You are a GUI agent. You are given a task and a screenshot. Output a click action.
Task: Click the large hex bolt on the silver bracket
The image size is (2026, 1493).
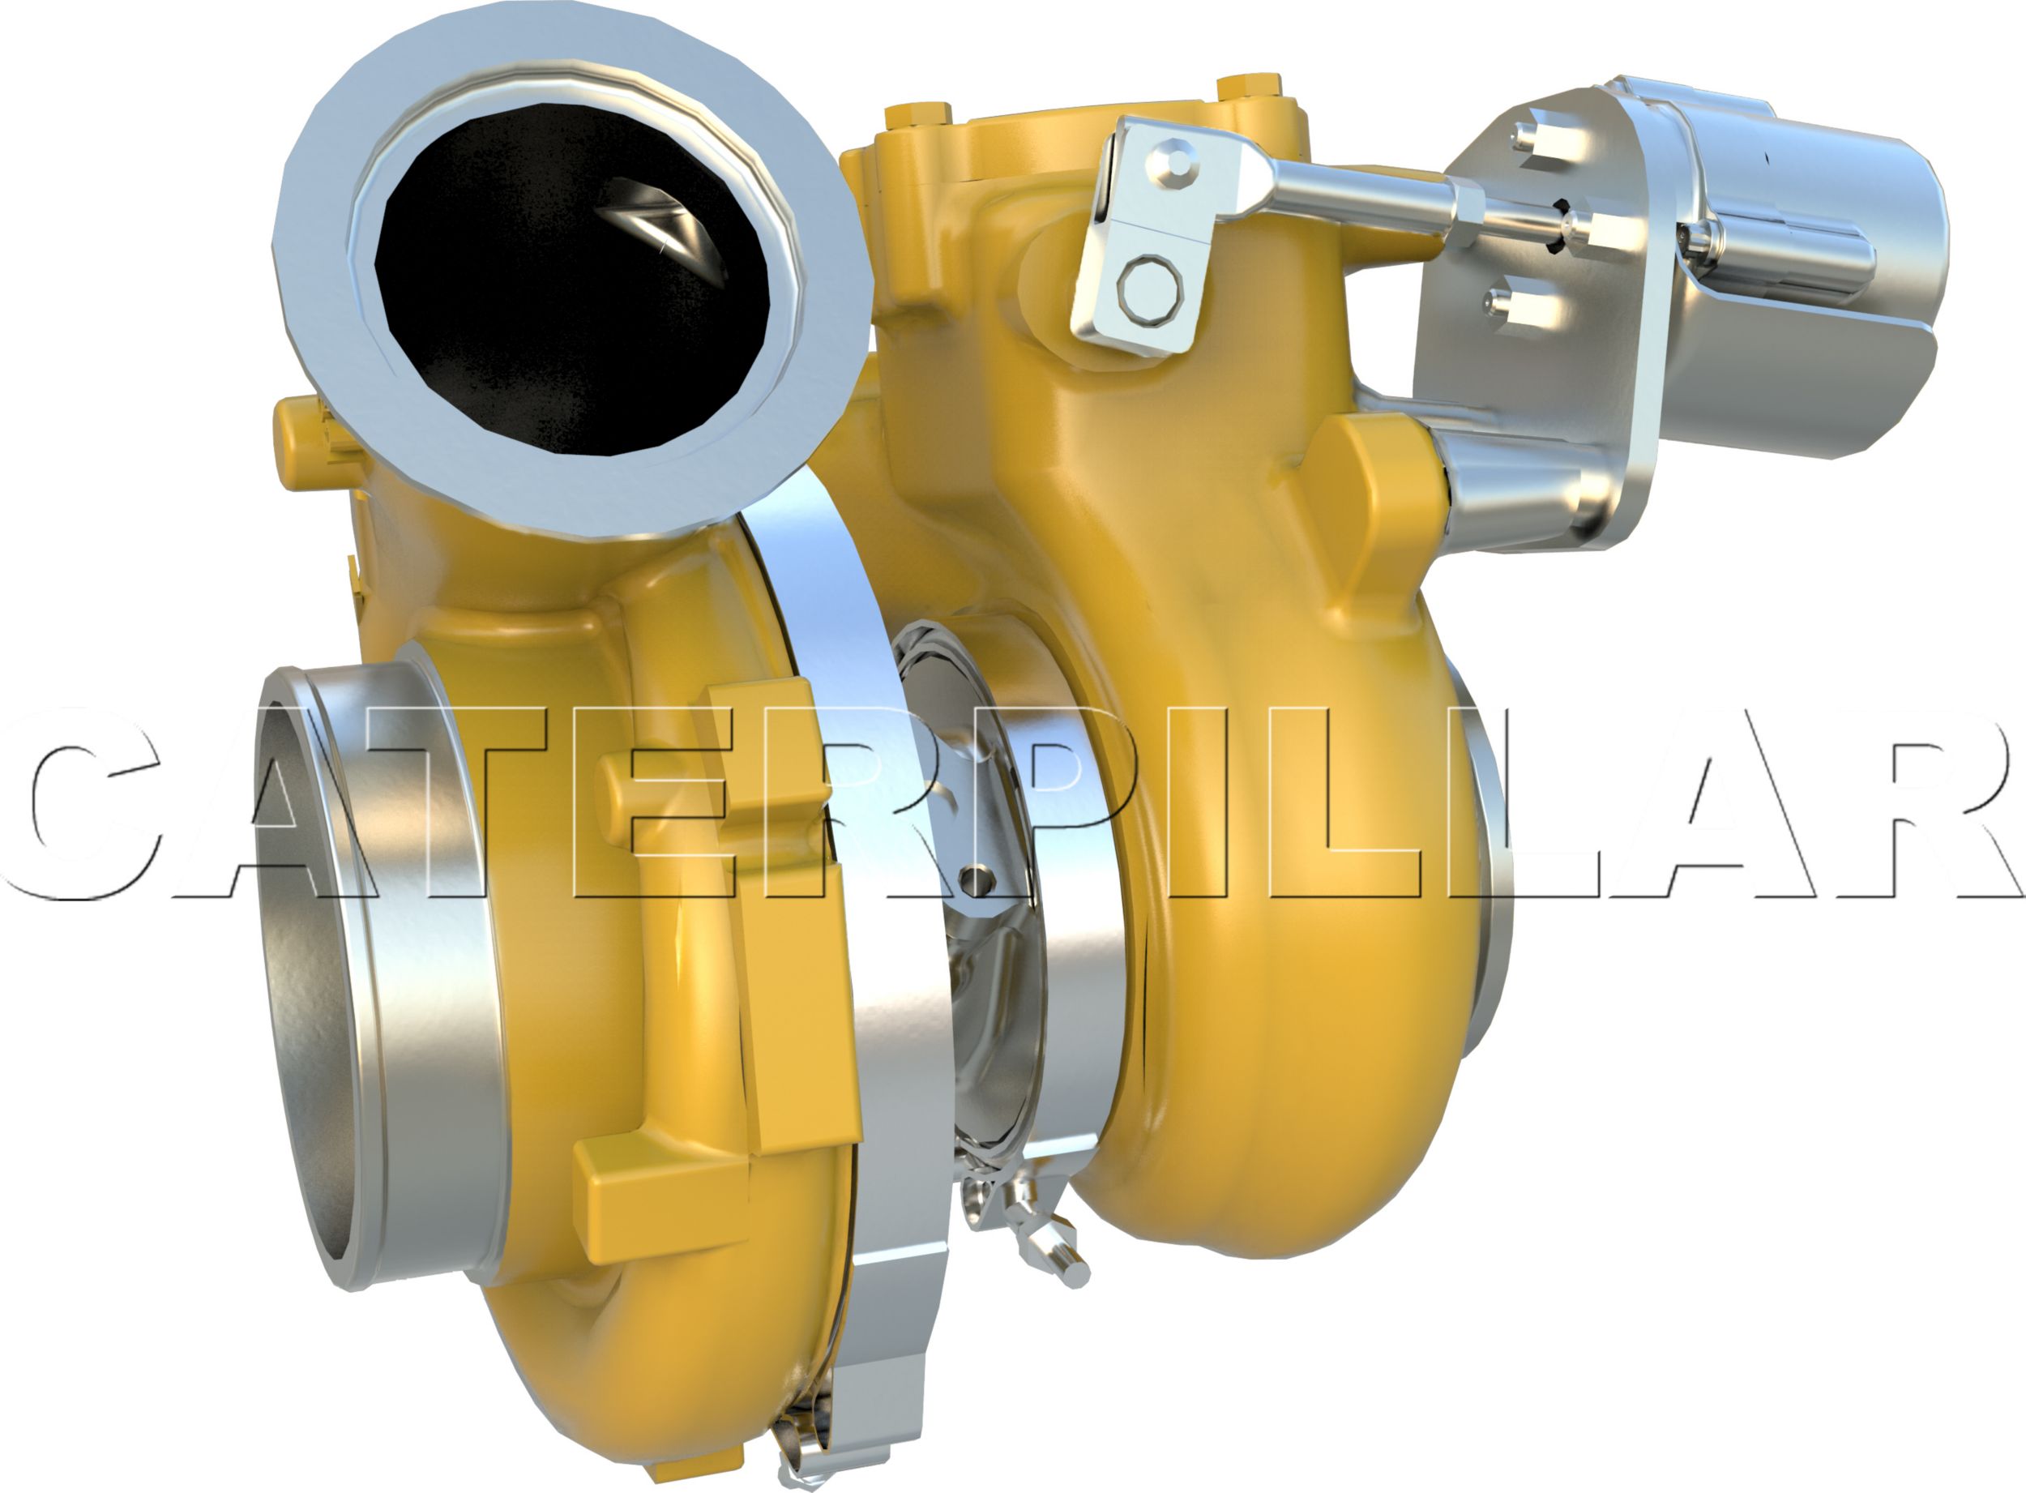pyautogui.click(x=1148, y=289)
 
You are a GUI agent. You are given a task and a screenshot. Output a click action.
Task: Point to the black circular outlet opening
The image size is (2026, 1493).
pyautogui.click(x=560, y=289)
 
